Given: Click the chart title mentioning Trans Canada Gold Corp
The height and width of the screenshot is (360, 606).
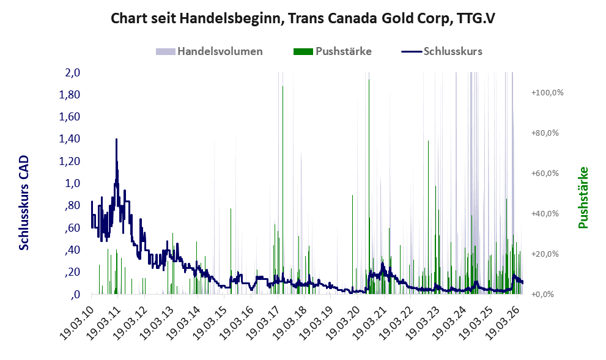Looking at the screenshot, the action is [x=303, y=18].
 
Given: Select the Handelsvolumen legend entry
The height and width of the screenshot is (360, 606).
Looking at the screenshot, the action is [x=209, y=51].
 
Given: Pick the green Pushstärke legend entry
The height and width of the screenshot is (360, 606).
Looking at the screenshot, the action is [x=333, y=51].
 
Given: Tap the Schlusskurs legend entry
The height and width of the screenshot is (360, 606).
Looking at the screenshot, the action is [x=442, y=51].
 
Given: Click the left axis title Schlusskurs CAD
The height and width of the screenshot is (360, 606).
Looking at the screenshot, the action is [x=24, y=202].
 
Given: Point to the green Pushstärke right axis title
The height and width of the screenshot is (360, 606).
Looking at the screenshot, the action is [x=583, y=197].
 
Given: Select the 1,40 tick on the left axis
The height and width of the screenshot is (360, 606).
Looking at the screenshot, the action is [x=70, y=139].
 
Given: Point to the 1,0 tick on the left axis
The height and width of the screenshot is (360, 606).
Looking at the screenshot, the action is [x=73, y=183].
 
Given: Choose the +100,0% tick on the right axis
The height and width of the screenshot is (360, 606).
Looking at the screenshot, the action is [x=547, y=93].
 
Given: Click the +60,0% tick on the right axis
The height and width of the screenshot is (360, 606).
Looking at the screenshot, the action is [x=545, y=173].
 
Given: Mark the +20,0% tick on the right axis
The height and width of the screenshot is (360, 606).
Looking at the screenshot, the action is [x=545, y=254].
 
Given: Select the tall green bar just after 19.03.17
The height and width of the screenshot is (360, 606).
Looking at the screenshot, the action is [x=283, y=190].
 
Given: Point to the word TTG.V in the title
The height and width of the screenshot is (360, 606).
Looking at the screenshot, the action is [x=476, y=18].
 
